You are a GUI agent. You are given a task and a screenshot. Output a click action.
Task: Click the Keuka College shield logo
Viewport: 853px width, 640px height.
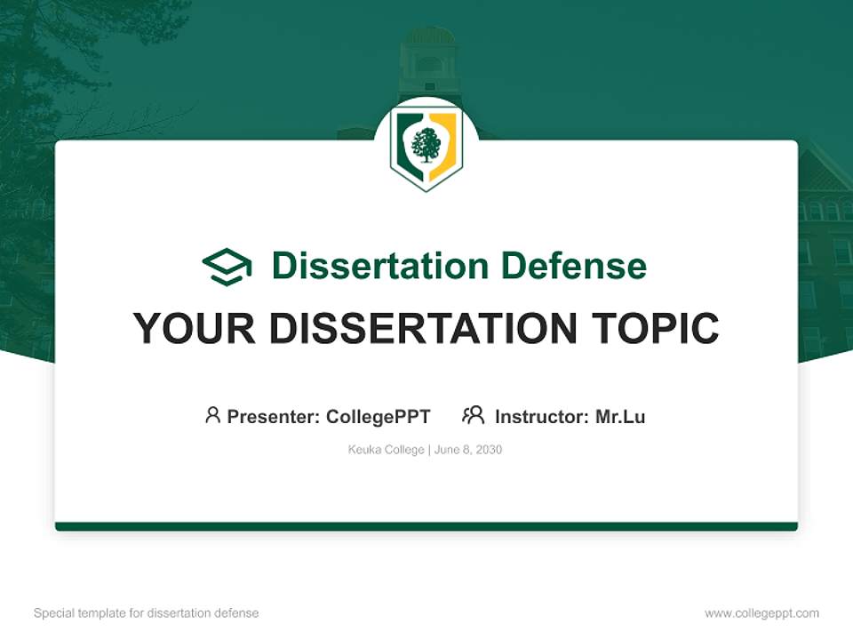click(x=426, y=149)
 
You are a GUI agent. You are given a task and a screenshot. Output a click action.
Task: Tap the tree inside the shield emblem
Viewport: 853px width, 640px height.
click(x=426, y=146)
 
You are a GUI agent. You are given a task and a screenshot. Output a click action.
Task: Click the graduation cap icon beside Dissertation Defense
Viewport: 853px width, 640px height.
click(x=227, y=267)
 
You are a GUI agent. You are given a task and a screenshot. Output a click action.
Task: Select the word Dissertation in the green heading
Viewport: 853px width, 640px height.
click(x=379, y=266)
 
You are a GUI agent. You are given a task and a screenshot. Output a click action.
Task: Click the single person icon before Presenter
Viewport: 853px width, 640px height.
click(x=212, y=415)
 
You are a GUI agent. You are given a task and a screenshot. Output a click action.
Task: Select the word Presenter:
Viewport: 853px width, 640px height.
click(x=274, y=417)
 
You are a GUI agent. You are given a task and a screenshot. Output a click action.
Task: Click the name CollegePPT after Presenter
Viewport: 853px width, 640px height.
click(x=379, y=417)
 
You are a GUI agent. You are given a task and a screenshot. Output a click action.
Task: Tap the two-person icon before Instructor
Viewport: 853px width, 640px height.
click(x=473, y=415)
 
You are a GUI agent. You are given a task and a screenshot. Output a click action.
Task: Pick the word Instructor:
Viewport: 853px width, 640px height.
click(x=542, y=417)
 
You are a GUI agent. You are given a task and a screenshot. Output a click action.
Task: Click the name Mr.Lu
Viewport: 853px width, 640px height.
click(x=620, y=417)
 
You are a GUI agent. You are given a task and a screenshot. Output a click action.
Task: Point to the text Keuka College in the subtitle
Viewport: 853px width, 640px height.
click(x=387, y=450)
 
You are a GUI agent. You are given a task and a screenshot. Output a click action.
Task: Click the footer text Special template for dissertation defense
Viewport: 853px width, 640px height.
click(x=146, y=613)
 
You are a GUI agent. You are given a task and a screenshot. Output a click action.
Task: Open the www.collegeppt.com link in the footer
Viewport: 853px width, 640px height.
click(x=761, y=613)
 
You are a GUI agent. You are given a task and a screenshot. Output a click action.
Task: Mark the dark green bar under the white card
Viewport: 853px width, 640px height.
click(x=426, y=527)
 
